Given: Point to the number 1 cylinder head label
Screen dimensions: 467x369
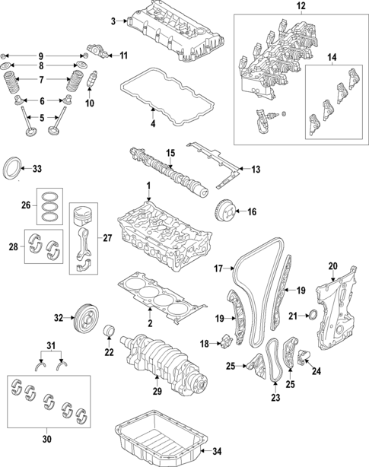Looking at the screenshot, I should point(149,186).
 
